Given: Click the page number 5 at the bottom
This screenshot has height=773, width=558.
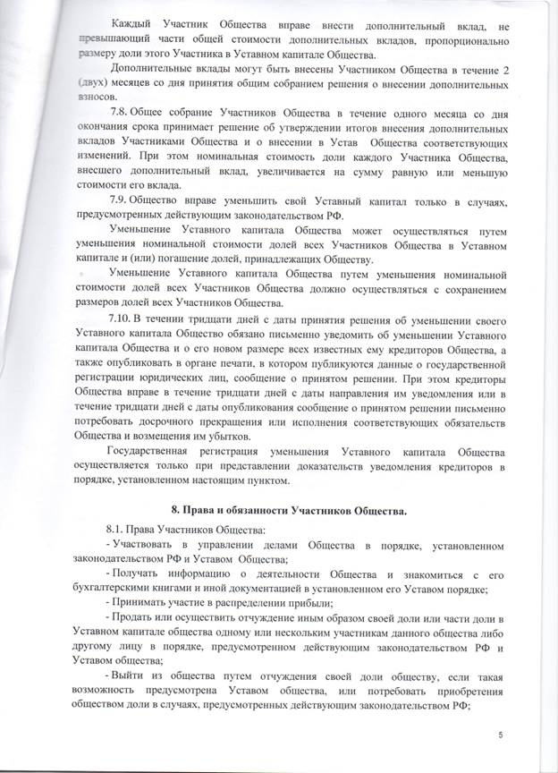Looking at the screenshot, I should [503, 735].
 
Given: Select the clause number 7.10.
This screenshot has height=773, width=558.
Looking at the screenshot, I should [120, 320].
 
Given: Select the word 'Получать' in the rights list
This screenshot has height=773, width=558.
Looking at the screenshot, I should [141, 578].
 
